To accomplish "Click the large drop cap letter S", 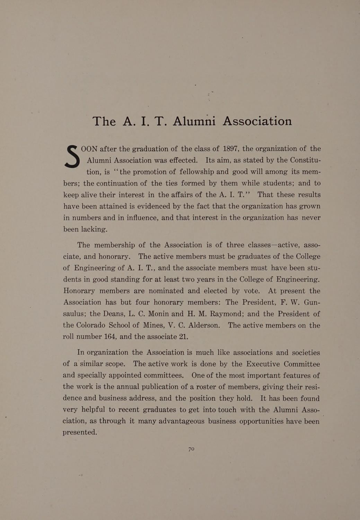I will [x=73, y=156].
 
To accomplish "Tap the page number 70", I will [x=191, y=449].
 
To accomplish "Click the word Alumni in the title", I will [x=194, y=121].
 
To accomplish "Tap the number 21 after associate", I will [x=183, y=337].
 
